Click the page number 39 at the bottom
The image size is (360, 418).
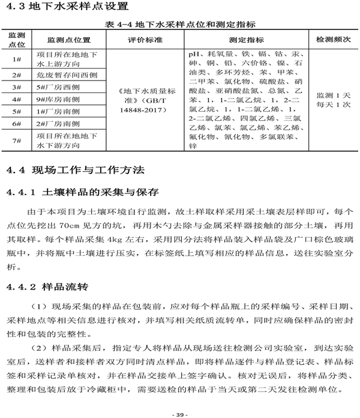coord(180,414)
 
